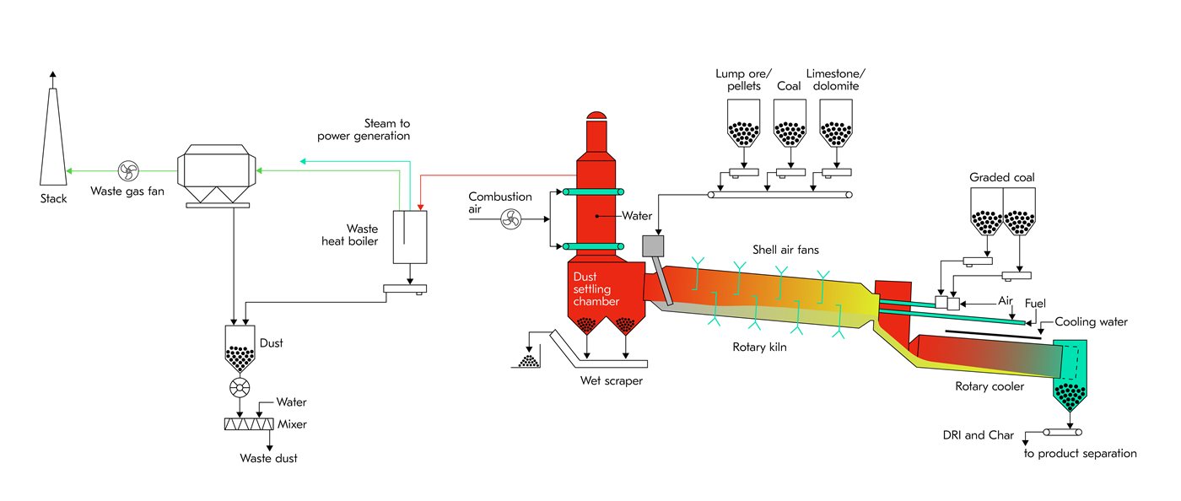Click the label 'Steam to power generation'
[364, 129]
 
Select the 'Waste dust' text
[269, 458]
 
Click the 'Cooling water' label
[1091, 322]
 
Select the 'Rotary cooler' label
[989, 387]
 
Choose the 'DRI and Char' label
[978, 435]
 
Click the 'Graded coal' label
[1001, 178]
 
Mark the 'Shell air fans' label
[785, 250]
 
